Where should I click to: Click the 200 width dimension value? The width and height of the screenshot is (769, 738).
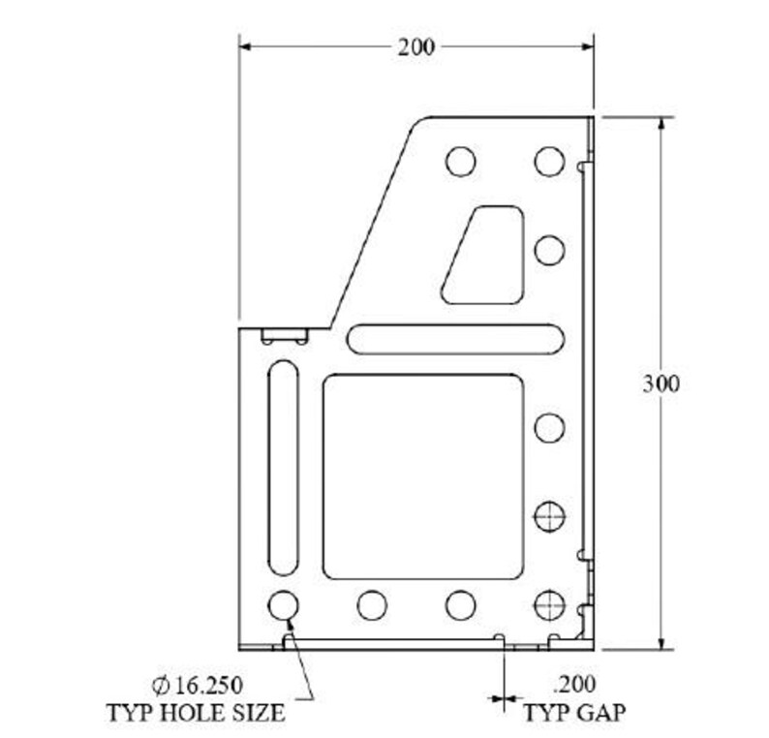point(415,46)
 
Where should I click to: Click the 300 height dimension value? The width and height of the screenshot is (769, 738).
point(661,383)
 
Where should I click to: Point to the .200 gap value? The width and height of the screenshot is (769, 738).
point(573,684)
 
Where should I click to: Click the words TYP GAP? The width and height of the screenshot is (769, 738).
point(574,715)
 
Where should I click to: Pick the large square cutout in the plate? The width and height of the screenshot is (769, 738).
point(423,476)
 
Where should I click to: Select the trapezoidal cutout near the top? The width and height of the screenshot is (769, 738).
point(484,254)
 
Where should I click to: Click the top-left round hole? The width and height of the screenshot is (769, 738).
point(461,161)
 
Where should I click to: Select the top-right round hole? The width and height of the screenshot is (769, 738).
point(549,161)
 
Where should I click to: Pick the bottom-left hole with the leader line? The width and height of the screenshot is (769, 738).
point(283,605)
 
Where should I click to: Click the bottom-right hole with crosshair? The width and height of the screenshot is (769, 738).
point(549,604)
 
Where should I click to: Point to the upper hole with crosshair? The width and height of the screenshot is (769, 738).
point(549,516)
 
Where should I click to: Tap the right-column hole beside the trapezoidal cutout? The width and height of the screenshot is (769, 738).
point(549,250)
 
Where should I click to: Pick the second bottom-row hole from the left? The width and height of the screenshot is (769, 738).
point(372,605)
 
